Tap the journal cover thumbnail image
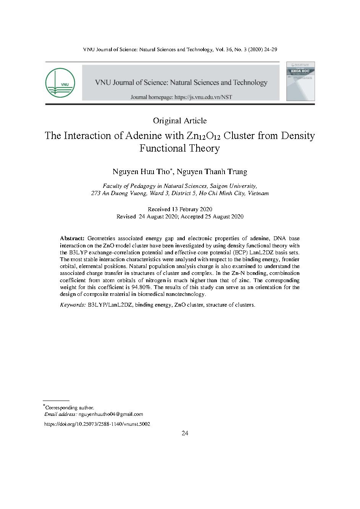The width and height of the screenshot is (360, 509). click(300, 82)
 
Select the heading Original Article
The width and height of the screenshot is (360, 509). click(180, 121)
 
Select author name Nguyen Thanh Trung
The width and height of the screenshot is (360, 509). click(212, 171)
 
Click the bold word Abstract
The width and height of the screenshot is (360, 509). click(72, 238)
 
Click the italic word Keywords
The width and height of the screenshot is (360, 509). click(73, 305)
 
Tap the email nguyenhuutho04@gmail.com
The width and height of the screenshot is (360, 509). click(110, 414)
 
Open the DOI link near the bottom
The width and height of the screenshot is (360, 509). click(97, 424)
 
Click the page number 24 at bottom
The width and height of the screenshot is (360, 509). click(185, 433)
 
